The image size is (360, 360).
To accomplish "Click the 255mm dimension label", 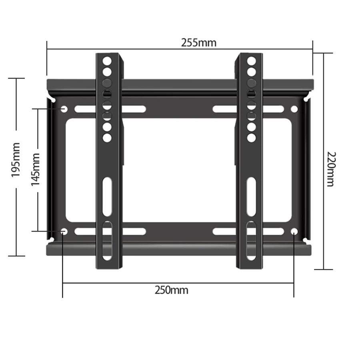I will point(198,42).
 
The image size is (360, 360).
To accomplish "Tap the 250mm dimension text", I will point(171,290).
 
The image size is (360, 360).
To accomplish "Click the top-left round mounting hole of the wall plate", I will point(64,109).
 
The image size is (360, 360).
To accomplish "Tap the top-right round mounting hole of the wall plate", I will point(294,109).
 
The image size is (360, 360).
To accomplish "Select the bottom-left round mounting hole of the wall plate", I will point(64,232).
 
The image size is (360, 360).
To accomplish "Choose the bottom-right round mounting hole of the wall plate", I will point(294,232).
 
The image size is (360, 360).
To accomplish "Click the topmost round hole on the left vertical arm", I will point(107,61).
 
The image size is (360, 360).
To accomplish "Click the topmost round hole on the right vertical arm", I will point(251,61).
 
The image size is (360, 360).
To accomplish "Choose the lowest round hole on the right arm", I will point(251,138).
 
